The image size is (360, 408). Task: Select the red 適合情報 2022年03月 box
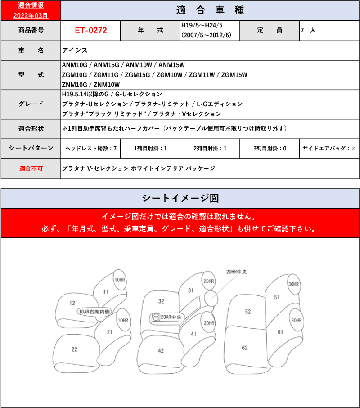click(30, 10)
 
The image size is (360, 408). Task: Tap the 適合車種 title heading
click(209, 10)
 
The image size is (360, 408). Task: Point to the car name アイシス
click(75, 50)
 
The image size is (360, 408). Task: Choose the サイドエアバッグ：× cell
click(329, 148)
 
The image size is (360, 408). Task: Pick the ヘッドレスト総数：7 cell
click(90, 148)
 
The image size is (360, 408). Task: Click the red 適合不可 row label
click(30, 168)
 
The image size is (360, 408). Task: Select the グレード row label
click(30, 104)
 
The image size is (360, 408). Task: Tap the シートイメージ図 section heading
click(180, 198)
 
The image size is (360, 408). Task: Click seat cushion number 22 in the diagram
click(74, 349)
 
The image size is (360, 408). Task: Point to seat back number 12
click(72, 303)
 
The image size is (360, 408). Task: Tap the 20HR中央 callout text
click(236, 272)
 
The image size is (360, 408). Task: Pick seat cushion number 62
click(244, 348)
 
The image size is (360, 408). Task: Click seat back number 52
click(247, 312)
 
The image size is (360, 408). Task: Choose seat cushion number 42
click(161, 350)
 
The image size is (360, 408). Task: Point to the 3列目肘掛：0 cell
click(269, 148)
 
